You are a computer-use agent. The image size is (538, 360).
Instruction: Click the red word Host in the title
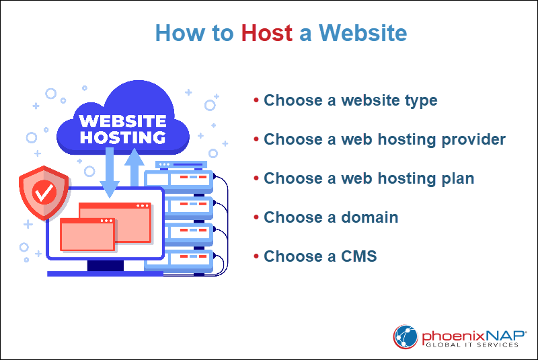coord(267,33)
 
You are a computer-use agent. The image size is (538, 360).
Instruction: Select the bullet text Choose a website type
coord(350,101)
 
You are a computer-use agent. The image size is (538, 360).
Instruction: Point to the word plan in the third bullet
coord(458,179)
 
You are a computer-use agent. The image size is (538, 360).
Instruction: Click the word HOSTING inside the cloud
coord(121,137)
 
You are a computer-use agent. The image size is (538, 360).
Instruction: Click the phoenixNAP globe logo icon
coord(406,337)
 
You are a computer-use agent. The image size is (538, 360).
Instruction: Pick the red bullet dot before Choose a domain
coord(256,217)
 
